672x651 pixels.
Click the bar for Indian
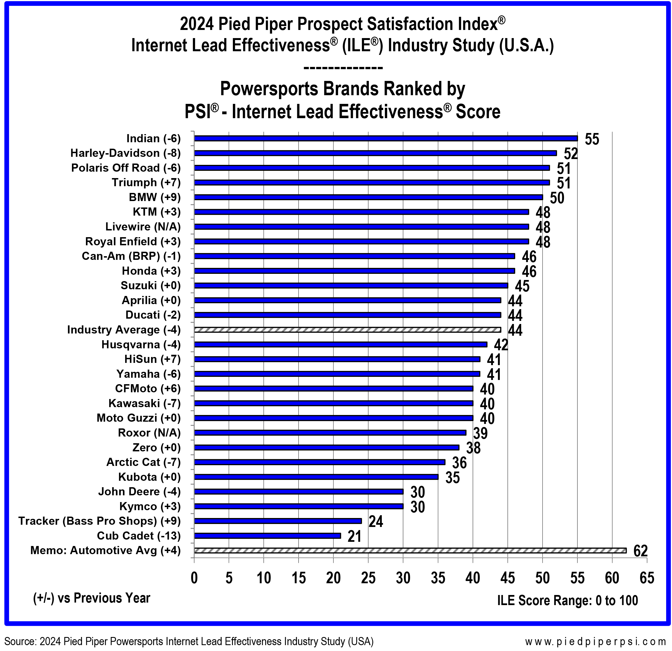[386, 139]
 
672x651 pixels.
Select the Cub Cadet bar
[268, 536]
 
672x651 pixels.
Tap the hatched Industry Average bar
[347, 330]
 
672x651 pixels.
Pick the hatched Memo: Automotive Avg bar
[410, 550]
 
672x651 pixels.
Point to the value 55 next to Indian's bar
[592, 139]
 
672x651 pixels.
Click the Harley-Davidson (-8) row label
[125, 153]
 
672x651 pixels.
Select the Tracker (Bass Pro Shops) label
[99, 521]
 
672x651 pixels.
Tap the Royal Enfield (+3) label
[133, 241]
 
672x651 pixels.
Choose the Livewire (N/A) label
[143, 227]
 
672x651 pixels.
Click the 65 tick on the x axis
[647, 578]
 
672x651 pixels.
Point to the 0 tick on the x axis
[194, 578]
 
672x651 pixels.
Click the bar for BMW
[368, 197]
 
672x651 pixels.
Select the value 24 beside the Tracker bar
[376, 522]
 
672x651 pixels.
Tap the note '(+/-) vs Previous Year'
[92, 598]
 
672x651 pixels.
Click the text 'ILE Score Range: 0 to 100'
[567, 601]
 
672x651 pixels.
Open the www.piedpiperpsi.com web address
[595, 641]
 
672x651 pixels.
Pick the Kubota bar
[316, 477]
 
